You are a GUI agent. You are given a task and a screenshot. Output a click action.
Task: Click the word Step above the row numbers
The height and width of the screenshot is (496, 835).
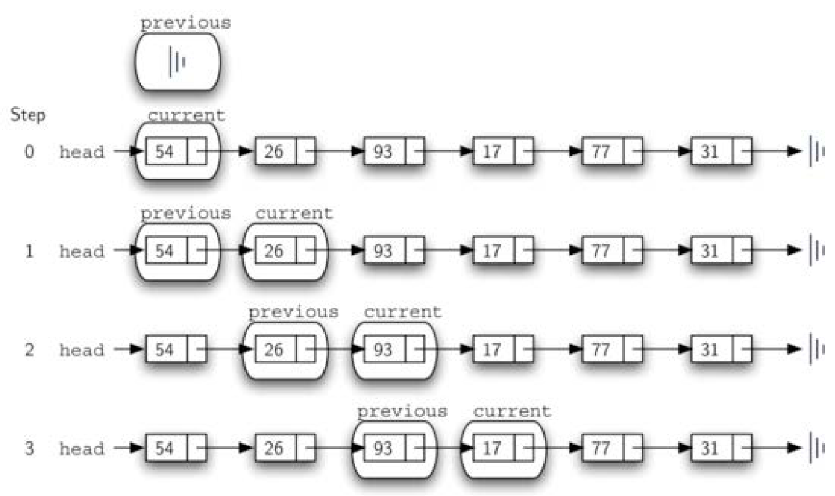28,115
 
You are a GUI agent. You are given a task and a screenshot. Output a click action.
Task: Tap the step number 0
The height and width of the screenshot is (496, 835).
29,152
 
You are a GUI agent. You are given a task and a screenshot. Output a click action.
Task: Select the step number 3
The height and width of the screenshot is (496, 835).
29,449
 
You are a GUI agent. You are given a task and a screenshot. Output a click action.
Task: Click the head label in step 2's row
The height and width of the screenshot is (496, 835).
82,350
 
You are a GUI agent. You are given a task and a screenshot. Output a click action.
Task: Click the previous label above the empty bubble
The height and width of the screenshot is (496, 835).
185,24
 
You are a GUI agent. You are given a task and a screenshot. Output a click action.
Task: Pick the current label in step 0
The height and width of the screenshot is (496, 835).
186,115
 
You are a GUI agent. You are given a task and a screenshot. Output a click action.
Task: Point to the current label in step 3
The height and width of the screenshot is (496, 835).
512,411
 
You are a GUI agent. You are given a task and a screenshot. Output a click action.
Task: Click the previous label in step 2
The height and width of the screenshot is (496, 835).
294,312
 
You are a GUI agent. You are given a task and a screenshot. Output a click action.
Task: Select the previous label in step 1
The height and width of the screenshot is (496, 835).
185,213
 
